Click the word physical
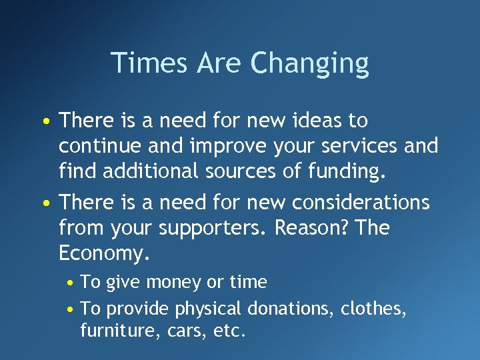pos(209,309)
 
